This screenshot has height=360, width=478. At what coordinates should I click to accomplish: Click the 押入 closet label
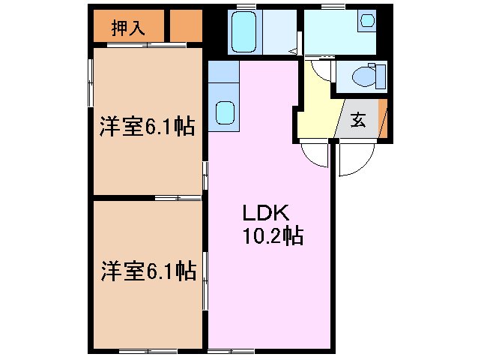click(x=127, y=28)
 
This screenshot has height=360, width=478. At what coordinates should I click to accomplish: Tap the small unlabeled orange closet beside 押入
click(x=186, y=28)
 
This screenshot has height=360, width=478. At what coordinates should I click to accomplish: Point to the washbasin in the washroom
click(x=367, y=21)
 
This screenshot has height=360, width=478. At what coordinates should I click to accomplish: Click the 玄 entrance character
click(x=359, y=121)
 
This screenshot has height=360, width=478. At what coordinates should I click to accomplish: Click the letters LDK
click(x=259, y=212)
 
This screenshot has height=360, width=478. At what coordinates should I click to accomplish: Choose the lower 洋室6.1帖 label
click(x=148, y=270)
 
